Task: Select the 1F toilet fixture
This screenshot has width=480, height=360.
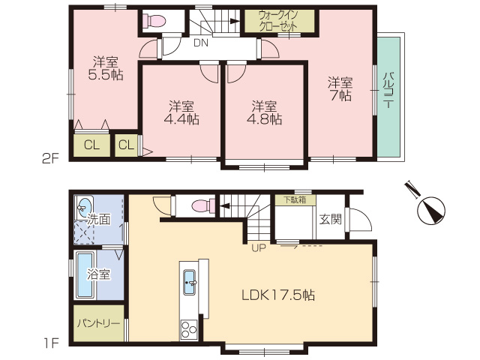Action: pos(202,206)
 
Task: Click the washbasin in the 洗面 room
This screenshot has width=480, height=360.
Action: pos(84,208)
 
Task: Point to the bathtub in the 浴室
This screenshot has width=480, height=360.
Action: pos(85,275)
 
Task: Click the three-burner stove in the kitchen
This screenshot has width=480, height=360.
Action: pos(188,329)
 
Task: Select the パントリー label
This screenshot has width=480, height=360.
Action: pos(98,323)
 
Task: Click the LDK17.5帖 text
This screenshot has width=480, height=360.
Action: pos(278,295)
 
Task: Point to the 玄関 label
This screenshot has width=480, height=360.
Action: pos(330,219)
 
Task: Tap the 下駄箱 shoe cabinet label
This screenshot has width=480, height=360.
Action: pos(295,200)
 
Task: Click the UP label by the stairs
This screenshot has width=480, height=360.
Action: pos(259,248)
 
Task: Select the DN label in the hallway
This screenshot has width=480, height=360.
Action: pos(201,43)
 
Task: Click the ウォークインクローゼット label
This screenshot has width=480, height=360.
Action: pos(279,21)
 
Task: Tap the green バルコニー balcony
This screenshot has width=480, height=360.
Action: pos(388,97)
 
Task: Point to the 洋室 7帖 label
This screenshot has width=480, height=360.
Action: pos(340,89)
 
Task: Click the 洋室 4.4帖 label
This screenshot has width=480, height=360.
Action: pos(181,112)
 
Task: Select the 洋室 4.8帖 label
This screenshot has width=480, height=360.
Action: pos(265,112)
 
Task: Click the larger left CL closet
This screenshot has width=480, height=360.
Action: pos(91,145)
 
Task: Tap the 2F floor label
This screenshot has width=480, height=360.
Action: pos(50,158)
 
